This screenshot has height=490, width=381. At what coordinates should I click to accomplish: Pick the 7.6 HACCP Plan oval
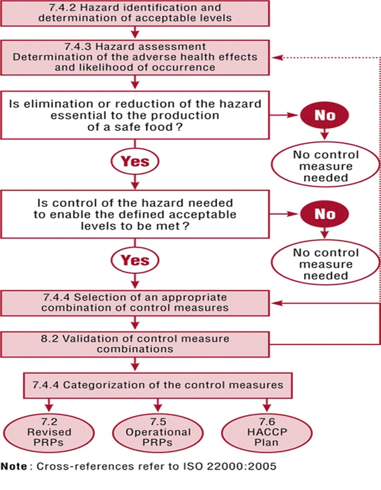[266, 431]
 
